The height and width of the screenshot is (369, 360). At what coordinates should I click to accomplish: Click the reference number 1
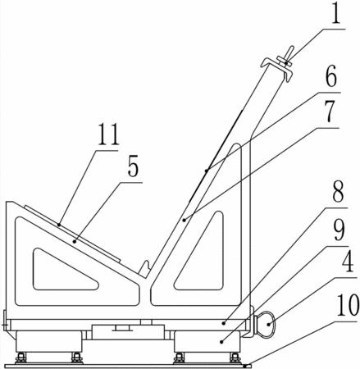[335, 13]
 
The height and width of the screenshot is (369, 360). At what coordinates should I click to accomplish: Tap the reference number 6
[330, 77]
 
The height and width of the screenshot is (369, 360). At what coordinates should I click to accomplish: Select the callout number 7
[330, 112]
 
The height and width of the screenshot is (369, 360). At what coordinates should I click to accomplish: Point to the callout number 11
[109, 134]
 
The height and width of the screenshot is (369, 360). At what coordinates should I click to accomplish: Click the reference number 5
[133, 166]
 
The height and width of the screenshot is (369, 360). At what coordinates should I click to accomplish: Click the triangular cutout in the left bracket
[65, 270]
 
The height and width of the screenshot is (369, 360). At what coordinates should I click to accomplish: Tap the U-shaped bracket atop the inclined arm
[276, 70]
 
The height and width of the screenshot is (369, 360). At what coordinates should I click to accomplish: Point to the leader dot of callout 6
[207, 171]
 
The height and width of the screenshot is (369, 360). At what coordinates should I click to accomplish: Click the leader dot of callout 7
[185, 220]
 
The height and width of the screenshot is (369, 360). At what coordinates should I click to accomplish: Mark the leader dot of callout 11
[59, 225]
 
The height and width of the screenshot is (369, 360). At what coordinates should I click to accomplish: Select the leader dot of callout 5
[75, 241]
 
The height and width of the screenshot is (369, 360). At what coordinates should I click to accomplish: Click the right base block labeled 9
[207, 342]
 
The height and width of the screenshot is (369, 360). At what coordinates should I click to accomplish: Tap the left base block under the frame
[48, 342]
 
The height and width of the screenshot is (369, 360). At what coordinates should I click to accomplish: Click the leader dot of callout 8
[224, 323]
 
